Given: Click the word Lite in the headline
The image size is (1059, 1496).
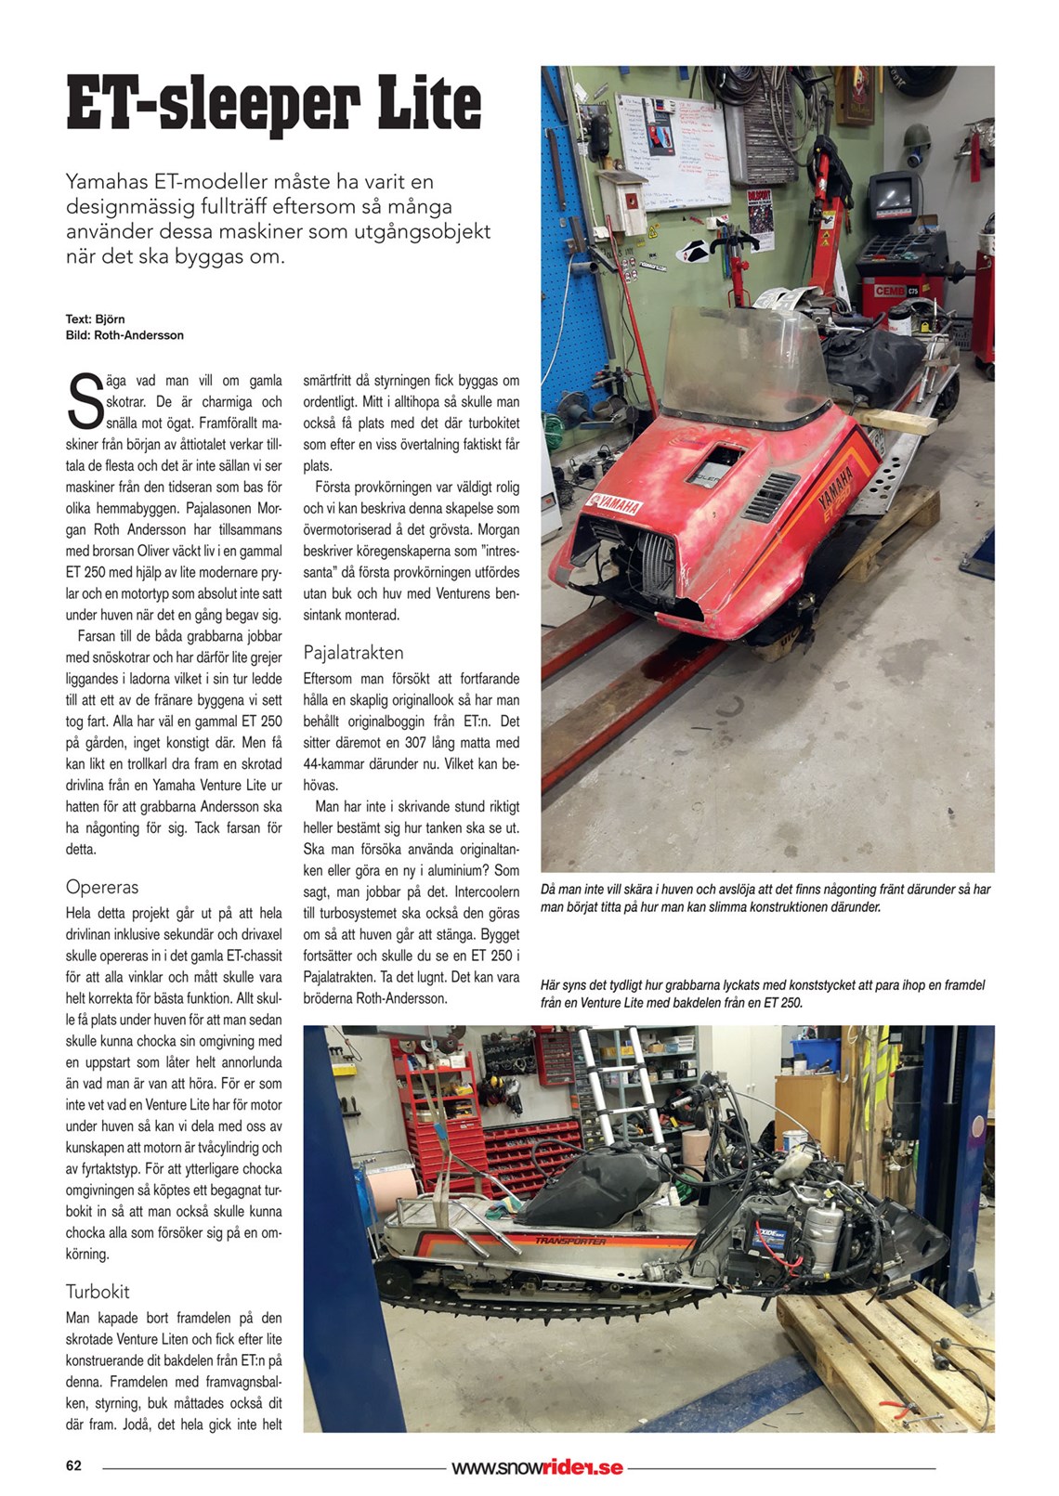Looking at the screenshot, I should (x=429, y=103).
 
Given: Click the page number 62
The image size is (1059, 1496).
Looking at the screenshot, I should (x=73, y=1465).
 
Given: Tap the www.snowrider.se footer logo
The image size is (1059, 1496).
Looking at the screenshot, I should (x=537, y=1467).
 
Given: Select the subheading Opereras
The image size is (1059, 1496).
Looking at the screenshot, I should (x=101, y=887).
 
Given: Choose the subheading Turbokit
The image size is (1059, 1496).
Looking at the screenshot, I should (x=98, y=1291).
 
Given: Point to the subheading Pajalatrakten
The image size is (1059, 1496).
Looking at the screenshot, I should (x=353, y=652).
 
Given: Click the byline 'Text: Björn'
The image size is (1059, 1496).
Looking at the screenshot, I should (x=95, y=319).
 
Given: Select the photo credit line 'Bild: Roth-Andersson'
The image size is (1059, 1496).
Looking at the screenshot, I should (x=124, y=335).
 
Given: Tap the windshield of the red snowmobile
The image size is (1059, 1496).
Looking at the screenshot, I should (x=743, y=362).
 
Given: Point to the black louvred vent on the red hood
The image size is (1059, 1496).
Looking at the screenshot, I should (x=770, y=494).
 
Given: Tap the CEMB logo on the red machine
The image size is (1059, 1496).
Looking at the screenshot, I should (x=890, y=291).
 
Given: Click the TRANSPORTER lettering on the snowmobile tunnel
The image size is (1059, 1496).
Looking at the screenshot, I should (x=570, y=1241).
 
